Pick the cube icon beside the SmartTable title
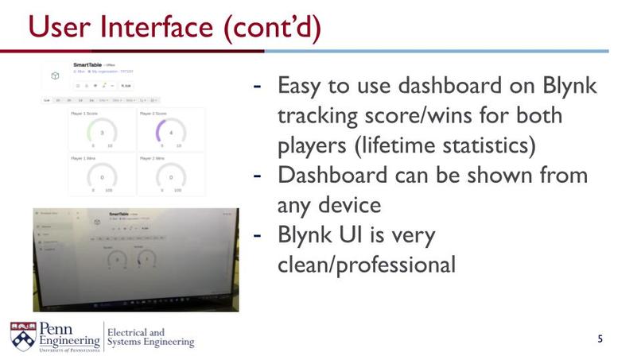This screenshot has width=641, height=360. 55,75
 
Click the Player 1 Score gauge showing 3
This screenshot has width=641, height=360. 102,131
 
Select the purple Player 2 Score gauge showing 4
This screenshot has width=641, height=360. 171,131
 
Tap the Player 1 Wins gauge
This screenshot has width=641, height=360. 102,176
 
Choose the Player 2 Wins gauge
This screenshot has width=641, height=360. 171,176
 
